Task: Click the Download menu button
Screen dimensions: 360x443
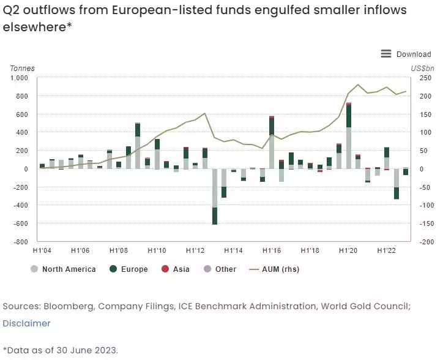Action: [406, 54]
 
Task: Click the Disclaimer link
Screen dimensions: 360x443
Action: [26, 323]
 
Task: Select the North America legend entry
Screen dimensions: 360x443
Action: [63, 269]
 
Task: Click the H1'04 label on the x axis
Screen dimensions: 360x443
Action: [42, 250]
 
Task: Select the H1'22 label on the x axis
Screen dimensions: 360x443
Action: [387, 250]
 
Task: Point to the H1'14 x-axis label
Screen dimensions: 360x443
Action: [233, 250]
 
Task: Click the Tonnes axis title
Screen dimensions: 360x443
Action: [22, 68]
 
